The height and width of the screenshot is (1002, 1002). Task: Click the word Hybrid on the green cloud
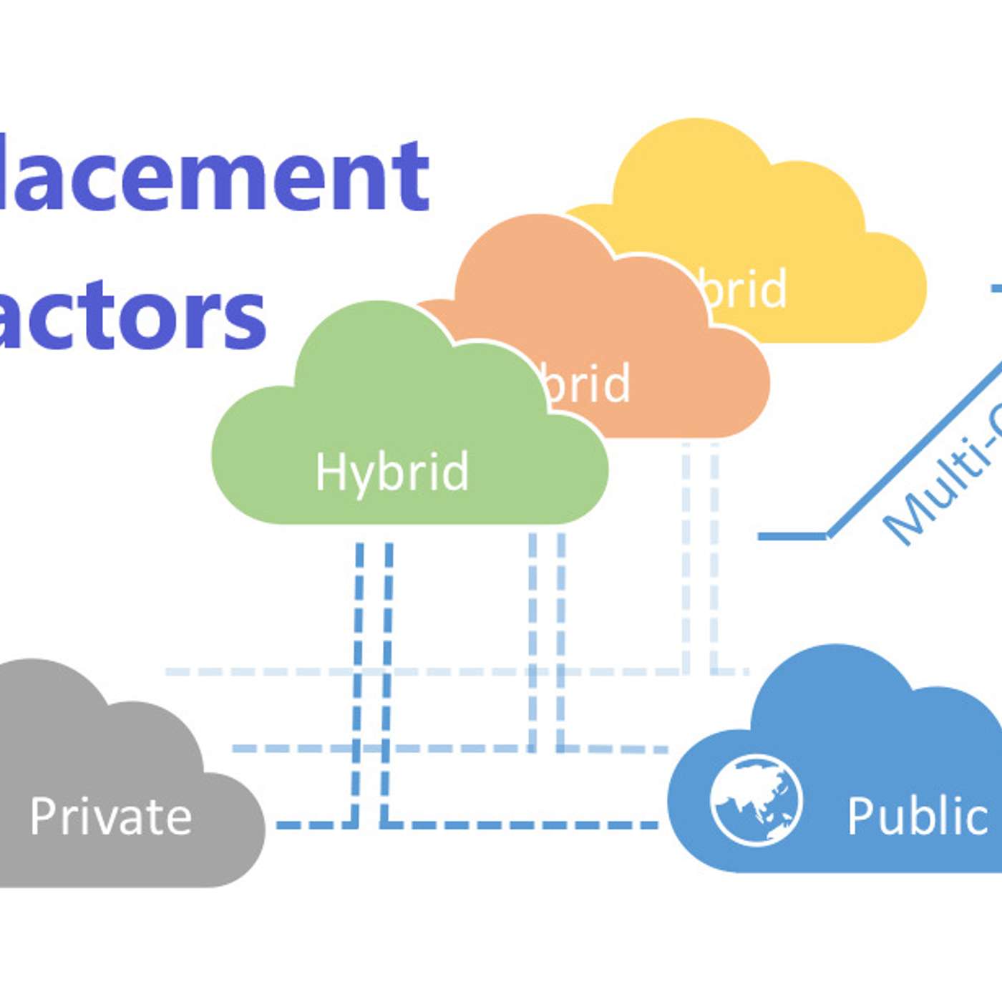coord(392,472)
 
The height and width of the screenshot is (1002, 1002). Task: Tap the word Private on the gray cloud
coord(111,816)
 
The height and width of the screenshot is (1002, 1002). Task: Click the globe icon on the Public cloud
coord(756,799)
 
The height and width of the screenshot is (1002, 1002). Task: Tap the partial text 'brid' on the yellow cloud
coord(744,288)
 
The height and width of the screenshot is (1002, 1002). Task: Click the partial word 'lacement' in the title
coord(215,175)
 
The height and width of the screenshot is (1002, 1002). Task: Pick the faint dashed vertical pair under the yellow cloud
coord(700,558)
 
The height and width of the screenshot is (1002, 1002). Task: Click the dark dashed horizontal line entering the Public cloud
coord(522,825)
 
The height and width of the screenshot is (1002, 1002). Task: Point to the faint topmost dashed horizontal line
coord(429,672)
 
